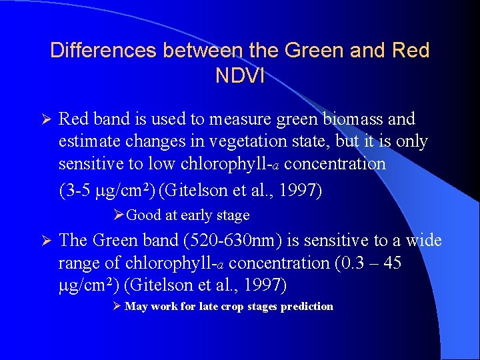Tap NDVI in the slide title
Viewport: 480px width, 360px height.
click(x=240, y=75)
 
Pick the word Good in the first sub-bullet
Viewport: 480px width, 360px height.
click(x=141, y=215)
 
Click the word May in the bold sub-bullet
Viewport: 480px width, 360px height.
click(x=137, y=307)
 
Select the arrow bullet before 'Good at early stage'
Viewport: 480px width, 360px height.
click(x=118, y=215)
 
